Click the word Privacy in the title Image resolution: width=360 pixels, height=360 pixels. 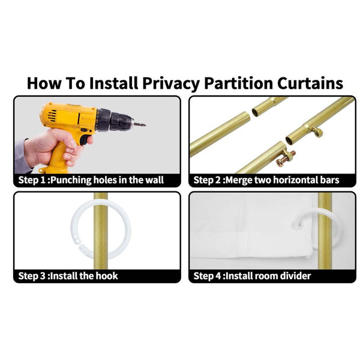[x=170, y=83]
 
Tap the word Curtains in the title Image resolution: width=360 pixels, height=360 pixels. [x=310, y=83]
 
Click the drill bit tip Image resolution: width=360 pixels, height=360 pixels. [x=144, y=125]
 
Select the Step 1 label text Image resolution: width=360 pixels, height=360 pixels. [x=32, y=180]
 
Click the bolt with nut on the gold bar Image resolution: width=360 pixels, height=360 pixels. [x=286, y=158]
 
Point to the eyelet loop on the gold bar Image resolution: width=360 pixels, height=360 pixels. [x=317, y=131]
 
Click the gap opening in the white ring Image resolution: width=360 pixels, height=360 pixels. [x=78, y=244]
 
